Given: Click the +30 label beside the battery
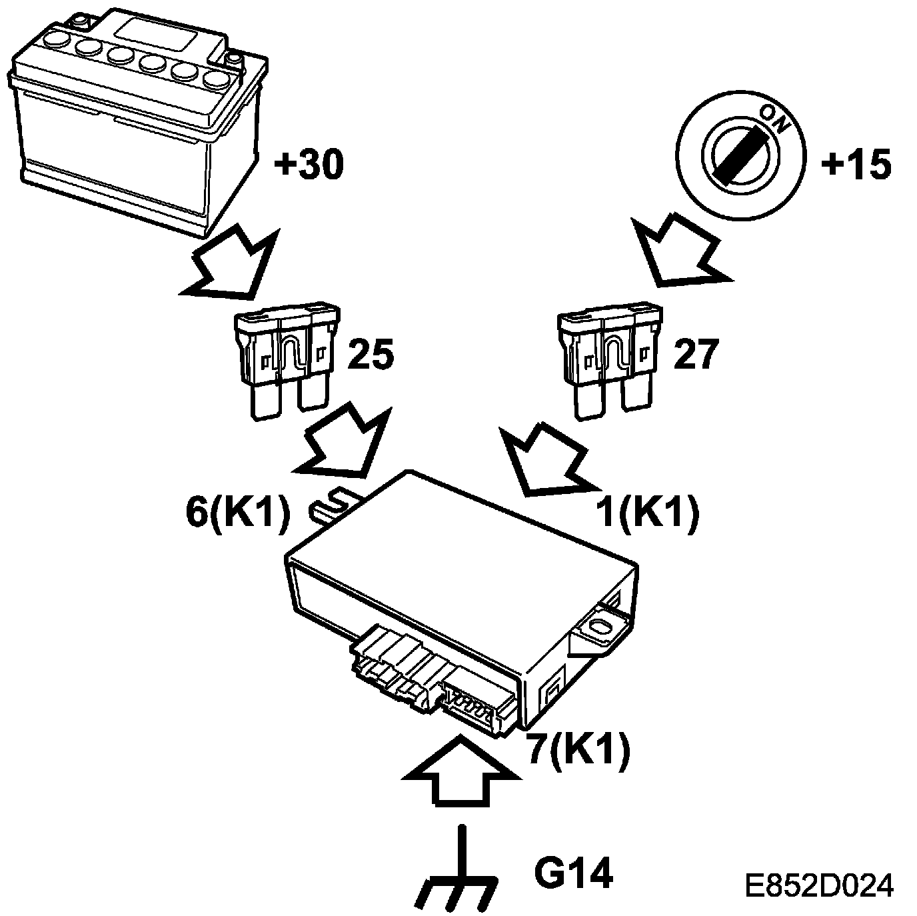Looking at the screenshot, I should click(309, 164).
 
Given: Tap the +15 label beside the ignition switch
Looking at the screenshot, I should click(856, 164).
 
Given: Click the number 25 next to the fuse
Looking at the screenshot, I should click(371, 355).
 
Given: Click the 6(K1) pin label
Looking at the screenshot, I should click(237, 513).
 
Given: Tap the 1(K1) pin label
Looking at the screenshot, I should click(647, 513).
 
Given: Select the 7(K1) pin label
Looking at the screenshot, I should click(577, 751).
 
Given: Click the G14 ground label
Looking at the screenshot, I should click(573, 873).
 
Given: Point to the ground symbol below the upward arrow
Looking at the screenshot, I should click(458, 873).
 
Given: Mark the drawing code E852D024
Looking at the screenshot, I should click(819, 885).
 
